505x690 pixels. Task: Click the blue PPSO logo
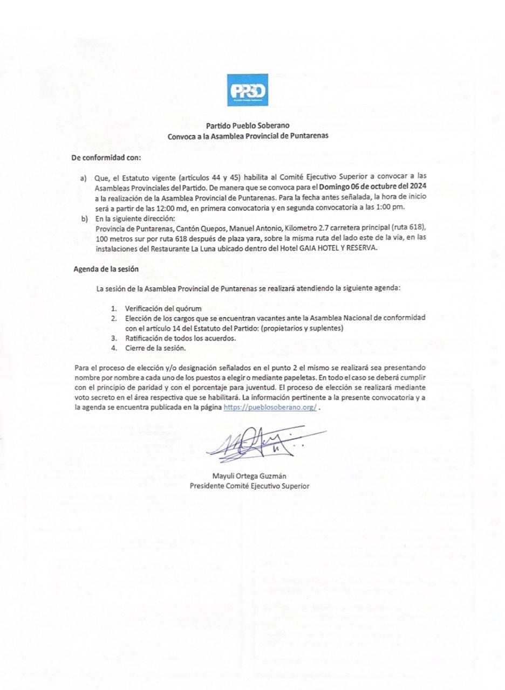pyautogui.click(x=248, y=90)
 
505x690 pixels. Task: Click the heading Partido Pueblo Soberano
pyautogui.click(x=248, y=126)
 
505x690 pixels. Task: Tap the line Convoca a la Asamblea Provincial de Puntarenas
pyautogui.click(x=248, y=136)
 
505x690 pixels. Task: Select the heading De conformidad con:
pyautogui.click(x=106, y=157)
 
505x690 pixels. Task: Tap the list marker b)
pyautogui.click(x=84, y=218)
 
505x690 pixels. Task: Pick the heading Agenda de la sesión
pyautogui.click(x=106, y=269)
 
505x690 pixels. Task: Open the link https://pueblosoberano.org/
pyautogui.click(x=270, y=408)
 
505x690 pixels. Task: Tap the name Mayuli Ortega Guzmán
pyautogui.click(x=249, y=476)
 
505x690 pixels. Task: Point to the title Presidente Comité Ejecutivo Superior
pyautogui.click(x=249, y=486)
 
